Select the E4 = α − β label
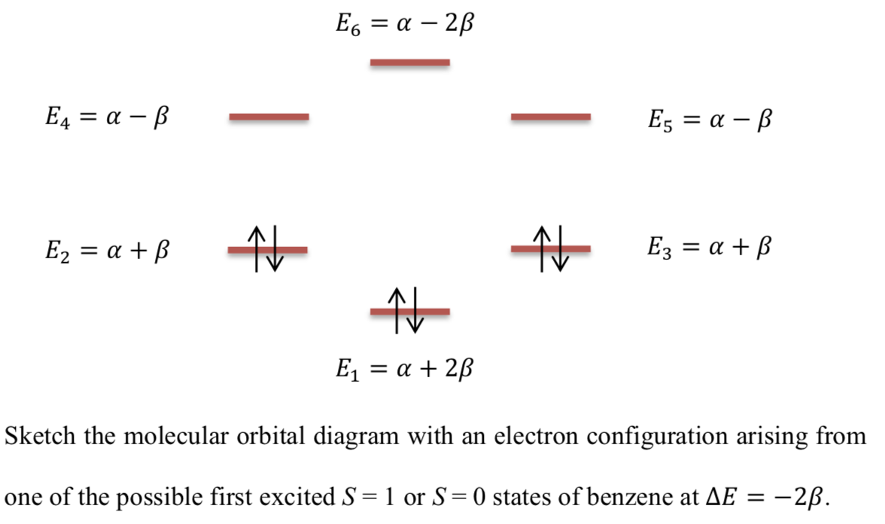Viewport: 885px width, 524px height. [105, 117]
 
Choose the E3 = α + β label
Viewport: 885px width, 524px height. [709, 247]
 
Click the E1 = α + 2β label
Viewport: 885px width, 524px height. [405, 369]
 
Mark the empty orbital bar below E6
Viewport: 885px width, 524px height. [410, 62]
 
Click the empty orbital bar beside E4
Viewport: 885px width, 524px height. [269, 117]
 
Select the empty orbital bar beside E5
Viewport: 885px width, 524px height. [550, 117]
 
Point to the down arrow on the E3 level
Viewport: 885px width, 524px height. [559, 248]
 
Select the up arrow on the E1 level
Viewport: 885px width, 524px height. [398, 309]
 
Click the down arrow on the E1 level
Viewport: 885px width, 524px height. [415, 311]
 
